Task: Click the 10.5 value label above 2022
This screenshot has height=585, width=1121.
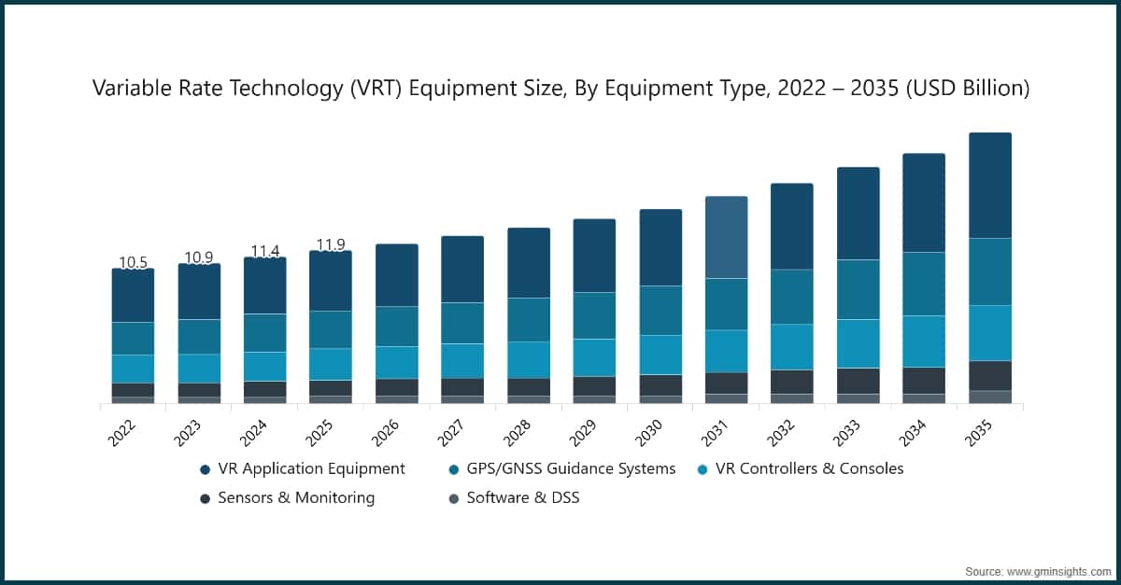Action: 133,263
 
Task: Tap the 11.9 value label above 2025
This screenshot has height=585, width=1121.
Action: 331,245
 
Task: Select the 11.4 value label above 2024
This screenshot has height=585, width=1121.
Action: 265,251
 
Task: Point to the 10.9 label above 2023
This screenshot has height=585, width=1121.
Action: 199,258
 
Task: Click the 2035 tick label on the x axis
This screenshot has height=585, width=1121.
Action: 980,431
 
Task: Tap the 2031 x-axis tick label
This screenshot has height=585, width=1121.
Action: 717,431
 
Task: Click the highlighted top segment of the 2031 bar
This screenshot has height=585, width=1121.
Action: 726,237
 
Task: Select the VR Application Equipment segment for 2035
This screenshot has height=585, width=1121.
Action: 990,185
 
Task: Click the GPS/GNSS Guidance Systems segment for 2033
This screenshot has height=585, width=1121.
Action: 858,289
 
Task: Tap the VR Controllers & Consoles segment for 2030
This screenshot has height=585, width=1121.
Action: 660,355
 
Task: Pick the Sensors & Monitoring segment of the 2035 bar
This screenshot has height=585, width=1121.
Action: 990,375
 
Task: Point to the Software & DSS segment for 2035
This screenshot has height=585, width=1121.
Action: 990,397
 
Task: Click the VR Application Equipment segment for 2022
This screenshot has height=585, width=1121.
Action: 133,296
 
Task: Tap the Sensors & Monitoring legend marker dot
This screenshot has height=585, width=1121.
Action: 205,498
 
